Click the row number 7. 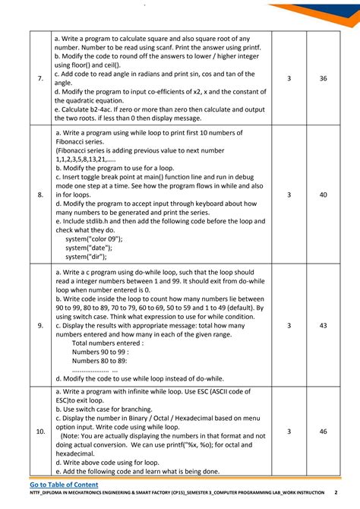click(x=40, y=79)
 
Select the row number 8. click(x=40, y=195)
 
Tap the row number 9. click(x=40, y=325)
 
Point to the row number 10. click(x=40, y=432)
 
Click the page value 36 click(x=324, y=79)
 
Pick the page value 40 click(x=324, y=195)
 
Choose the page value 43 click(x=324, y=325)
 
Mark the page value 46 click(x=324, y=432)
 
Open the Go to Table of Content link click(x=64, y=485)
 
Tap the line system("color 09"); click(x=93, y=239)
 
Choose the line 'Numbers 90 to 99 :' click(x=100, y=353)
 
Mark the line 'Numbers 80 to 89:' click(x=99, y=362)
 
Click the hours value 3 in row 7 click(x=289, y=79)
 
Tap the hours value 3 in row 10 click(x=289, y=432)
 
